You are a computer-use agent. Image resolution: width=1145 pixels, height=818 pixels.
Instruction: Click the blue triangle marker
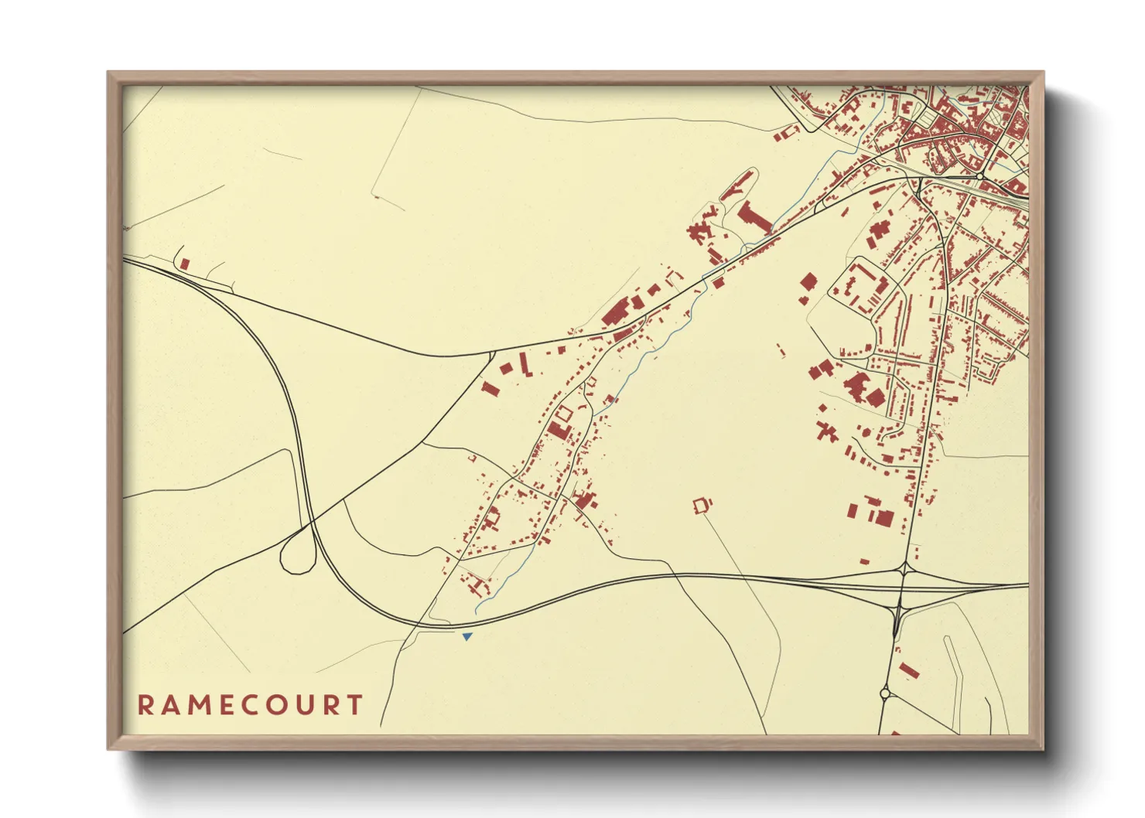coord(467,636)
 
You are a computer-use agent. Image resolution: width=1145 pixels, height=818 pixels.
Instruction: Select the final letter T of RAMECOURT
coord(355,705)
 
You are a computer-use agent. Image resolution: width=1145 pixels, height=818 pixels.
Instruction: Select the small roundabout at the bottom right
coord(885,693)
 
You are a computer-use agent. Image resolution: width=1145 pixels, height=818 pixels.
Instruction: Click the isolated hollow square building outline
coord(702,506)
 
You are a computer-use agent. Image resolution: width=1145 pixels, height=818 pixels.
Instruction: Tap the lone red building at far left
coord(185,264)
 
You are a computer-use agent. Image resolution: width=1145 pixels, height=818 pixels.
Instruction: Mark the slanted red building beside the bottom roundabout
coord(908,670)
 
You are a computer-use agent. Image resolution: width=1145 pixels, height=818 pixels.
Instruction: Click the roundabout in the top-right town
coord(979,177)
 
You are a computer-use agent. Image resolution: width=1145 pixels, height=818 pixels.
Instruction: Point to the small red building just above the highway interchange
coord(864,561)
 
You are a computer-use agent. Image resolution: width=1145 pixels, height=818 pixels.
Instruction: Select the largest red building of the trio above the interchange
coord(884,516)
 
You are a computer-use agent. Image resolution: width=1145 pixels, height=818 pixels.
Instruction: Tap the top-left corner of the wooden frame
coord(108,73)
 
